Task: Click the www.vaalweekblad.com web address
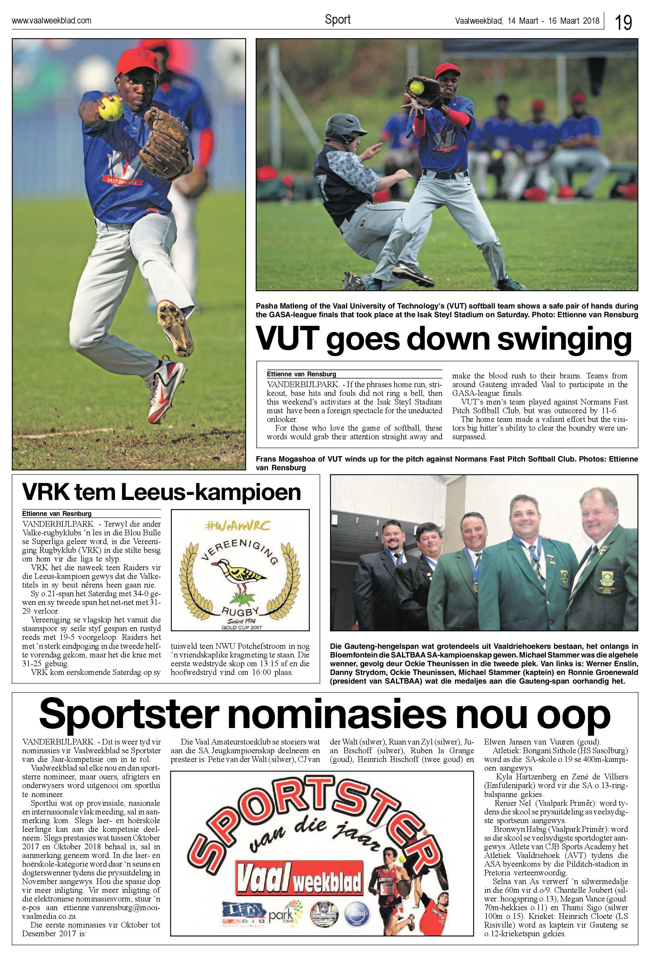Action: tap(51, 21)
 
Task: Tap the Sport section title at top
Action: tap(337, 20)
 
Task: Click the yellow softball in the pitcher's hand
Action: tap(111, 108)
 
